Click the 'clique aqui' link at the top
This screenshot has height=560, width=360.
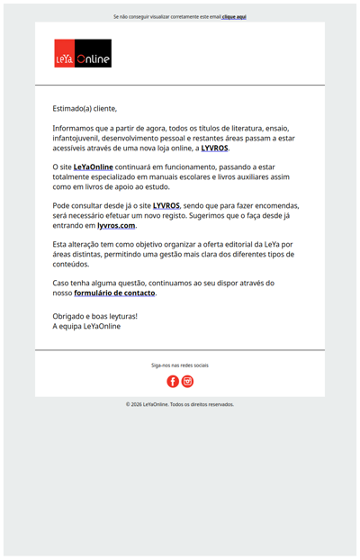point(234,16)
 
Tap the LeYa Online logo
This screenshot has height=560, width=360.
point(83,53)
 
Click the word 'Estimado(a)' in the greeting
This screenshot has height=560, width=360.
point(72,108)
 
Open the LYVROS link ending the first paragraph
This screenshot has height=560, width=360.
point(214,148)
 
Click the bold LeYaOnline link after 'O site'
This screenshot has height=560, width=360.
point(93,167)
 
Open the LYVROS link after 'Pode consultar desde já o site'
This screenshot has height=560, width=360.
point(166,205)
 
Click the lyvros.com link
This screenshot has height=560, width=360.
point(116,225)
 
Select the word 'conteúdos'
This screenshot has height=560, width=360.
point(71,264)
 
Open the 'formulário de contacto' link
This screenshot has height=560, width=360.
point(114,293)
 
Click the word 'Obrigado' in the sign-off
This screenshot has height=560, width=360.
point(68,316)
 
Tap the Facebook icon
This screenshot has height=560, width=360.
point(173,382)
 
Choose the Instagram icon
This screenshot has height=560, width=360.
point(187,382)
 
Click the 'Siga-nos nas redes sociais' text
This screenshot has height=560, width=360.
point(180,366)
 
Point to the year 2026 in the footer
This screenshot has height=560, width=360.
point(138,404)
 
